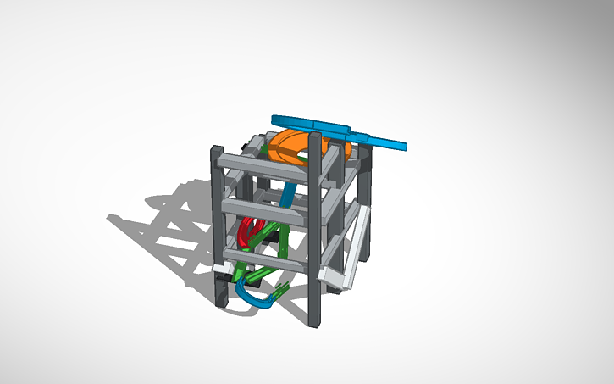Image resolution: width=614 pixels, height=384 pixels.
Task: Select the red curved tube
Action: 246,231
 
